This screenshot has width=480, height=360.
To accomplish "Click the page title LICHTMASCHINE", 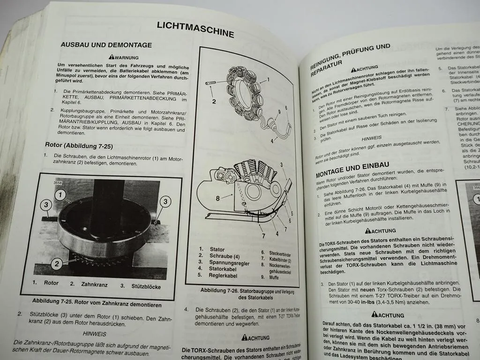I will click(195, 29).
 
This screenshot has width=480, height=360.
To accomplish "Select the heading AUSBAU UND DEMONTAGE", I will click(106, 45).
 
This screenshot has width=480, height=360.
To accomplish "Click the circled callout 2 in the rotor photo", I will click(57, 264).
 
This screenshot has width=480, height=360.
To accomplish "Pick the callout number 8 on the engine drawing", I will click(218, 198).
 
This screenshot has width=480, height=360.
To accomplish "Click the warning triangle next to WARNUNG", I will click(112, 57).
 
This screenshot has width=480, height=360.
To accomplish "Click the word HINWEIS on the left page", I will click(95, 334).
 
